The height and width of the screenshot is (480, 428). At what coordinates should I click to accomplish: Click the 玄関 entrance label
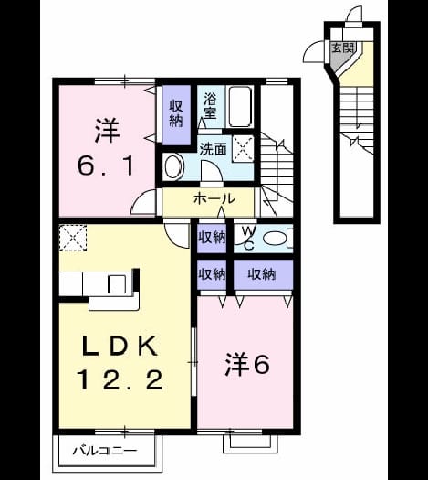(342, 48)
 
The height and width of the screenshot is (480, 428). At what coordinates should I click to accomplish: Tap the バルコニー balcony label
(105, 451)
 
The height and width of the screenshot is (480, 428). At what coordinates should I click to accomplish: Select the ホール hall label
(214, 199)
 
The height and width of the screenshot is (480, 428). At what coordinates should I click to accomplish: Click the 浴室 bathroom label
(211, 106)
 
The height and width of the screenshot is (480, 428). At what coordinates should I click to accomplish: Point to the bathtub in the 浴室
(240, 107)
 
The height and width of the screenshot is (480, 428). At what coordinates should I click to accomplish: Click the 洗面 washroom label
(213, 149)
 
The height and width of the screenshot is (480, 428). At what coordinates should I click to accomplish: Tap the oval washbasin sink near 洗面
(173, 166)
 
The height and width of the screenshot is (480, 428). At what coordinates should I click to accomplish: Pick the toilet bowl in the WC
(276, 238)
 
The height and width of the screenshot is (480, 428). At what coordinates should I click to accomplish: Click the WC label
(249, 238)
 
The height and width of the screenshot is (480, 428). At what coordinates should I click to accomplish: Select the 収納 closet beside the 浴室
(176, 114)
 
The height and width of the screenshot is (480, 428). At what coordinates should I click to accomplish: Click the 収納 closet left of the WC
(212, 238)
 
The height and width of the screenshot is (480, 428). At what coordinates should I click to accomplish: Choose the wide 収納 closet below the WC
(263, 274)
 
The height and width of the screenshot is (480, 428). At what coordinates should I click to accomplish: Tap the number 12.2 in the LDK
(120, 380)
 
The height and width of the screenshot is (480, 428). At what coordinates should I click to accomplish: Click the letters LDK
(120, 346)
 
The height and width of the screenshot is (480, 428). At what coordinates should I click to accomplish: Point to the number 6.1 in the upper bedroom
(106, 166)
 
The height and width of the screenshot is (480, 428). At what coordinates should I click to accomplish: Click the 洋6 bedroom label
(247, 364)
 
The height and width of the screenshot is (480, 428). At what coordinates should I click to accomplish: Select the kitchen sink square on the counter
(117, 284)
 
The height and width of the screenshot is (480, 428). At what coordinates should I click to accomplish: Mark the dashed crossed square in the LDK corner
(73, 238)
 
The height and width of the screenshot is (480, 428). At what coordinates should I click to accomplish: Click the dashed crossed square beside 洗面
(243, 148)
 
